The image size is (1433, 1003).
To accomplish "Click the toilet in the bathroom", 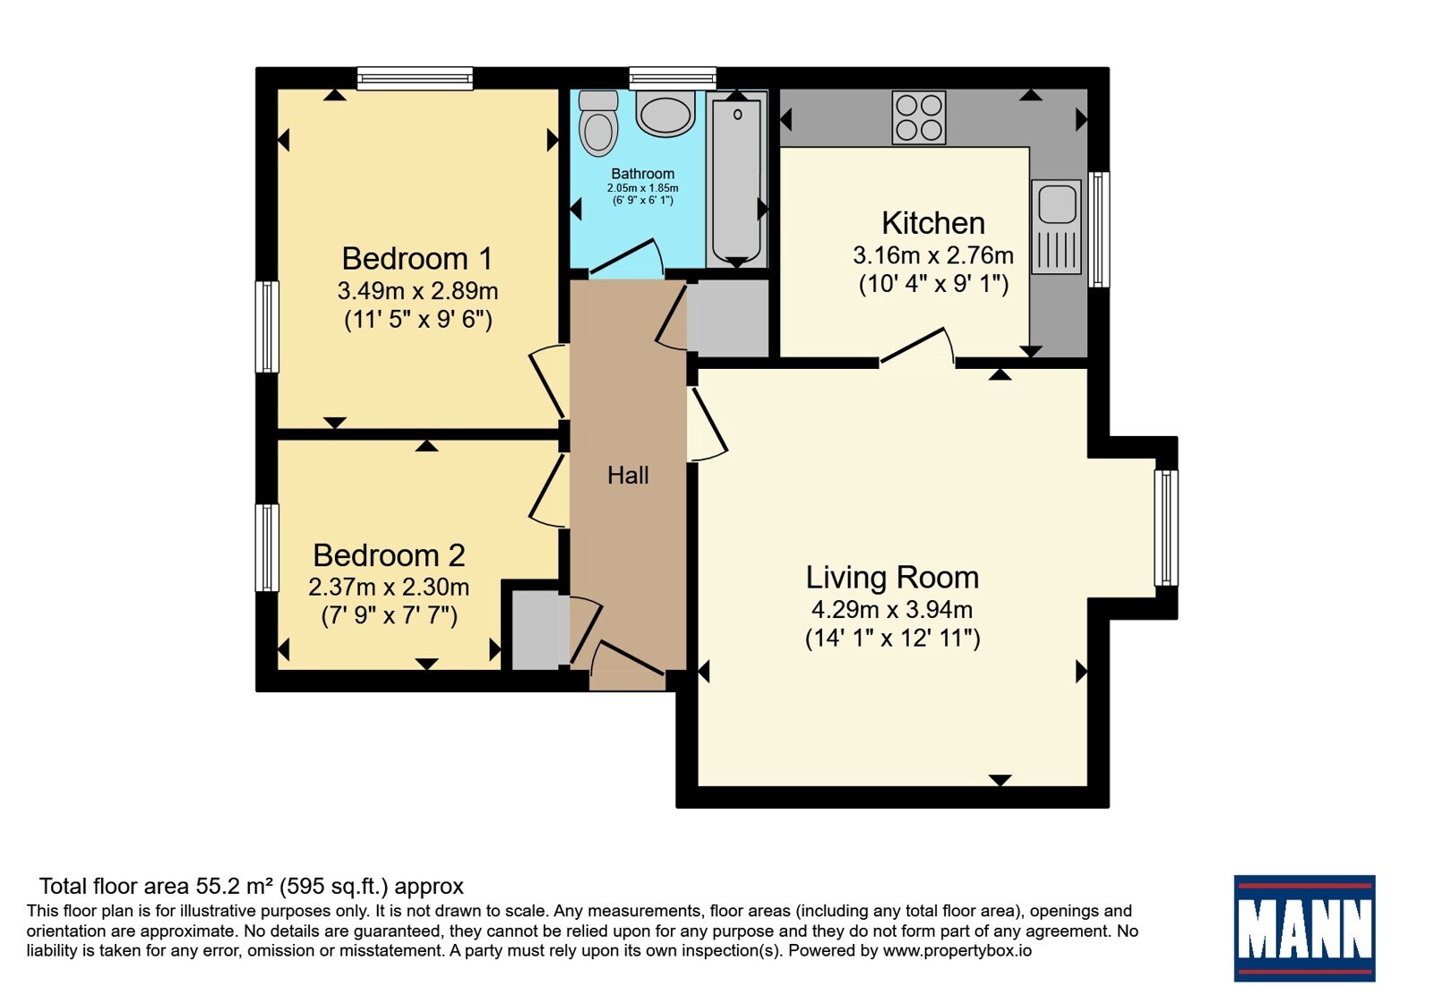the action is [x=598, y=123].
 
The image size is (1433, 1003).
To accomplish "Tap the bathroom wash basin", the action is [x=665, y=113].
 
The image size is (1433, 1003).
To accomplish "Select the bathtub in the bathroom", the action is [x=737, y=178].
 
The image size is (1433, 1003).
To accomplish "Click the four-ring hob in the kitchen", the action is [x=919, y=117].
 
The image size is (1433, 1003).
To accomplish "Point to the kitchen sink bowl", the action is [x=1057, y=202].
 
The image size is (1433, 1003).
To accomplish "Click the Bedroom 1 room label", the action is [x=417, y=259].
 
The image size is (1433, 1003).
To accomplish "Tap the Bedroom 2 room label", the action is [x=389, y=555].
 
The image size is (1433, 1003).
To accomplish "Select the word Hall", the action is [x=628, y=476].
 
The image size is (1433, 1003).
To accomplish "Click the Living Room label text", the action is [x=892, y=578].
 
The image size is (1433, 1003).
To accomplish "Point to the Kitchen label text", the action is [x=933, y=223].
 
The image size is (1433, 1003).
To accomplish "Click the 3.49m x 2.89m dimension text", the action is [x=417, y=291].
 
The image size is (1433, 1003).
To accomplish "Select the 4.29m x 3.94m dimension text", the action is [x=892, y=610].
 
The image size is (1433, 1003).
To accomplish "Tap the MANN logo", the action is [x=1304, y=928].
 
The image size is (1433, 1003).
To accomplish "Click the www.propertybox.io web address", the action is [x=957, y=950].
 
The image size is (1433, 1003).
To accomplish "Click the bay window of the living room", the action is [x=1166, y=528].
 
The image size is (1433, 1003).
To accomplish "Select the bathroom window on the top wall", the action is [x=673, y=78].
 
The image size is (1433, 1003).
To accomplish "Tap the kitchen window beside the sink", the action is [x=1098, y=229].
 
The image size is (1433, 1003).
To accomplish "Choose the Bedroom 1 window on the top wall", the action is [x=415, y=78].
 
